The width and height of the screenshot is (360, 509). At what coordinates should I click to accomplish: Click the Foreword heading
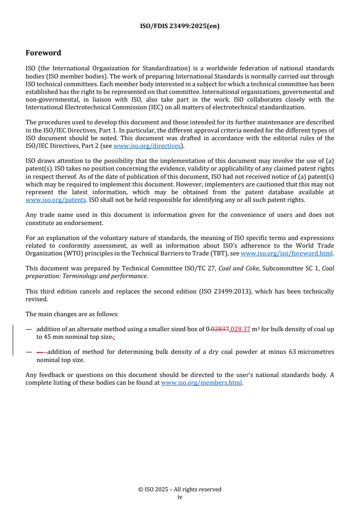tap(43, 53)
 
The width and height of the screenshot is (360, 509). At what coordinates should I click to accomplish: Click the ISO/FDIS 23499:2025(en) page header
tap(180, 26)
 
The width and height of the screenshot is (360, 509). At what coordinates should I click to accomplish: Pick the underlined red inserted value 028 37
tap(241, 329)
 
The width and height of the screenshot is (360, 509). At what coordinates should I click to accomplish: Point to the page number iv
tap(180, 497)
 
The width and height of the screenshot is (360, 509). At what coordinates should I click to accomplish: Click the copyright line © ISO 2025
tap(180, 489)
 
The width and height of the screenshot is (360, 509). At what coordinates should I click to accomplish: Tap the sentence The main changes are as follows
tap(72, 314)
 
